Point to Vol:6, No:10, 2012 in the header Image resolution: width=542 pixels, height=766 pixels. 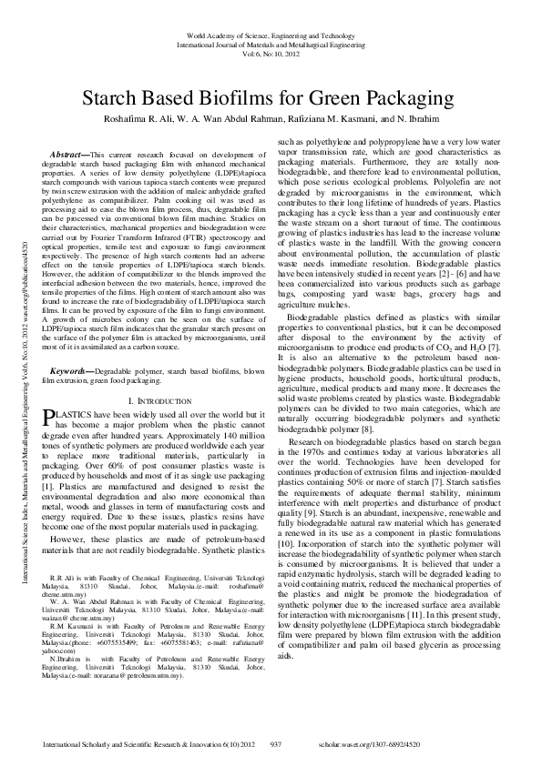271,54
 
